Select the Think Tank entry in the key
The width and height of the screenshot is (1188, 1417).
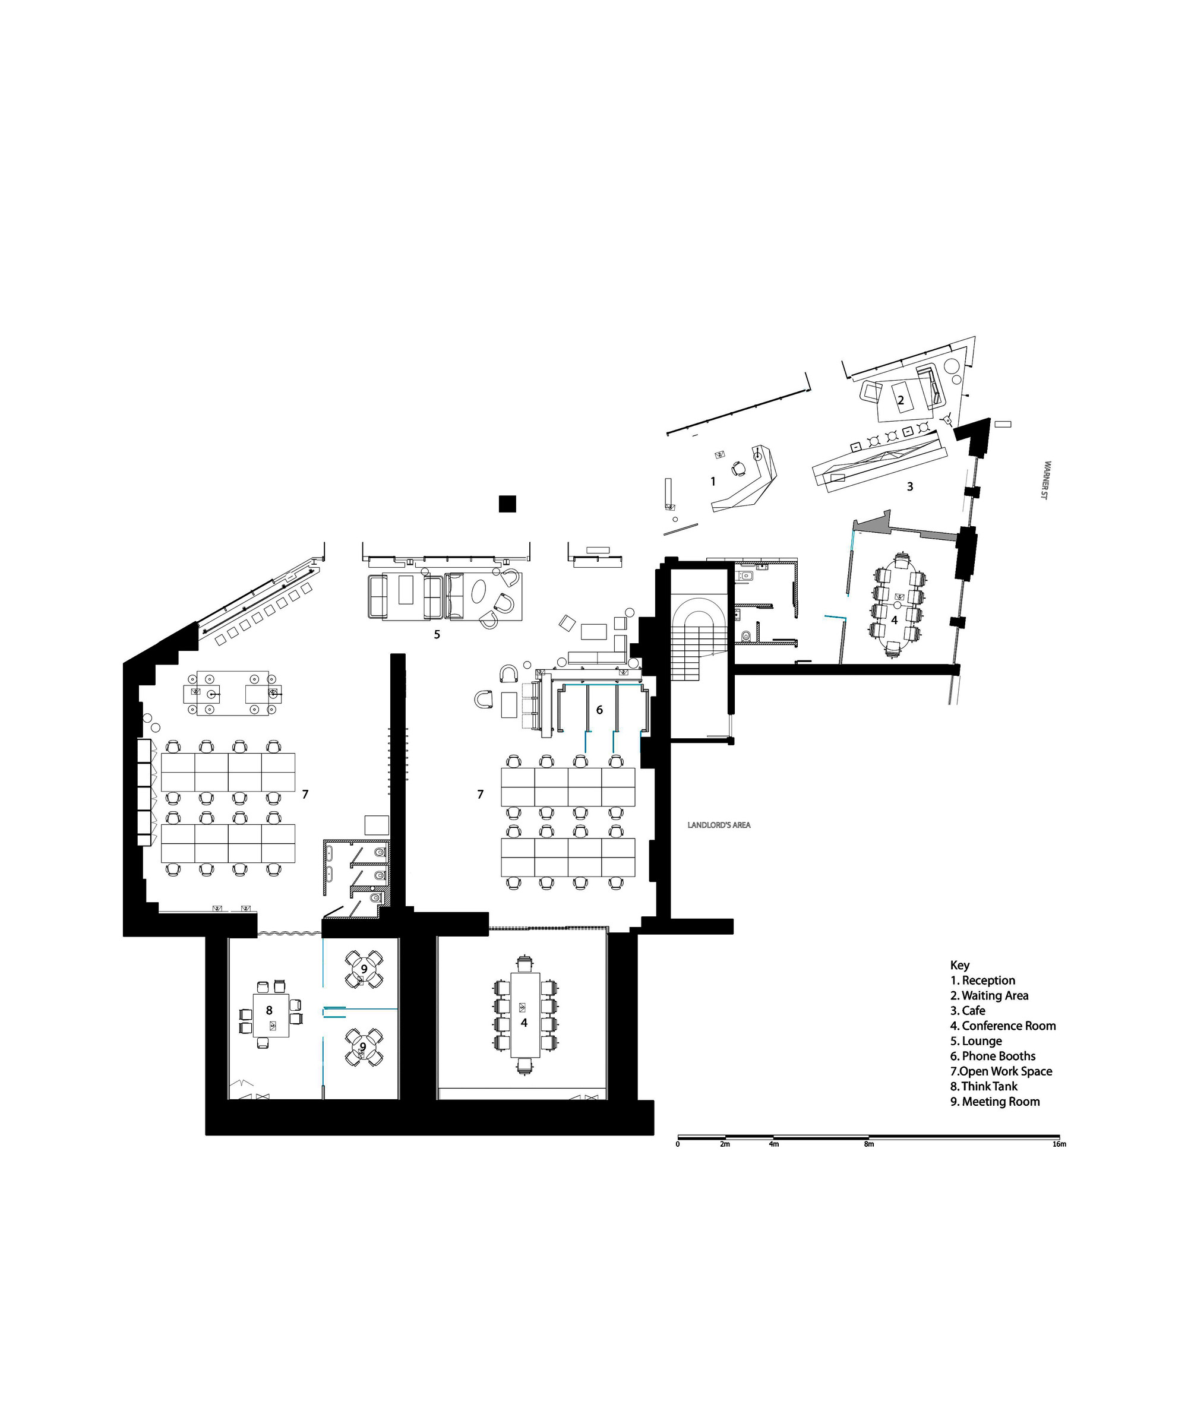(x=984, y=1086)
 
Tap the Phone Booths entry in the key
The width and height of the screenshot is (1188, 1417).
(x=993, y=1056)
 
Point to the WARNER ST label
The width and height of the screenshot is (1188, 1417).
(x=1047, y=480)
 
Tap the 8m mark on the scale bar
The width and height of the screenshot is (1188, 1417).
(x=868, y=1144)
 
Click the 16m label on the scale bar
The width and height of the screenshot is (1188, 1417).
(x=1059, y=1144)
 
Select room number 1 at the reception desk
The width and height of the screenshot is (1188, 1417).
(x=713, y=482)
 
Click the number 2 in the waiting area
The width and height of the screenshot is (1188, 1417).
(x=901, y=400)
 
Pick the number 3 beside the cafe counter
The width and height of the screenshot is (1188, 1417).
(x=910, y=486)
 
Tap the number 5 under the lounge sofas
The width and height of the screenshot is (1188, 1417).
(x=437, y=634)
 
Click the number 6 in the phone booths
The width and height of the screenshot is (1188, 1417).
(x=599, y=710)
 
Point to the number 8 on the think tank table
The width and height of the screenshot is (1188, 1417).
(x=268, y=1010)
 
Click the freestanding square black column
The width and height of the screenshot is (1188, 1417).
(x=508, y=504)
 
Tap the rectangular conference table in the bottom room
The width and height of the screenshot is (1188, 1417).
(x=525, y=1015)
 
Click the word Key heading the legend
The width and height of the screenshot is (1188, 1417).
(x=959, y=966)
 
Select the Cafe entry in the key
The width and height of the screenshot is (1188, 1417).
(x=968, y=1011)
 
